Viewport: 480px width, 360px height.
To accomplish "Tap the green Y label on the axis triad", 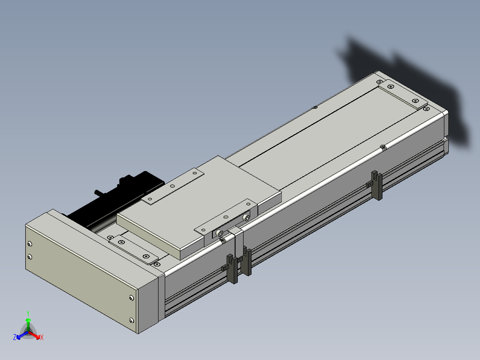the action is tap(28, 313).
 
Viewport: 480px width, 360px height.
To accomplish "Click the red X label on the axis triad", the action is tap(42, 337).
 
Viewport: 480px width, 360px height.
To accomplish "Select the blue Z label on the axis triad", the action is tap(14, 337).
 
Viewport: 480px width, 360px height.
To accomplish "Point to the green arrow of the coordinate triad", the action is tap(28, 325).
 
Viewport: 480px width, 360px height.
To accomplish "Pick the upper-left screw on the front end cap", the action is tap(30, 244).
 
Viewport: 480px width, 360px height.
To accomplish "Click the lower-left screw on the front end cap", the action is tap(30, 257).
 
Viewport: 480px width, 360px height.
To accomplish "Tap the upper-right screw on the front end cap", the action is tap(132, 298).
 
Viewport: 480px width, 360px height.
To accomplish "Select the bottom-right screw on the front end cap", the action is tap(132, 320).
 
